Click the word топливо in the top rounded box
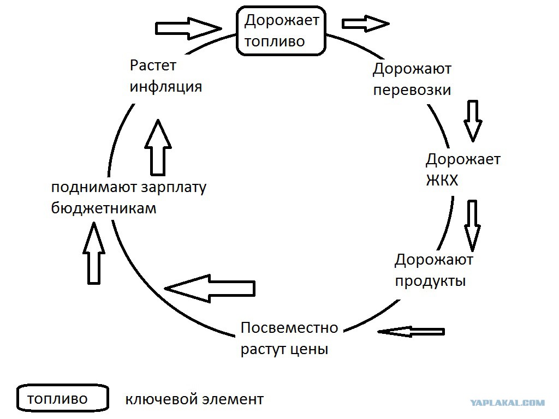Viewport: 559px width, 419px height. [x=275, y=41]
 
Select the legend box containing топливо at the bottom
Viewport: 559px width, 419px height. [x=63, y=398]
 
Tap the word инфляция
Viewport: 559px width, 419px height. [x=166, y=87]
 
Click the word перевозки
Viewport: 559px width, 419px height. [x=412, y=90]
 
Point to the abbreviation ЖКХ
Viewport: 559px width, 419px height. [x=442, y=180]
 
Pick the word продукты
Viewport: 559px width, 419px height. [x=430, y=282]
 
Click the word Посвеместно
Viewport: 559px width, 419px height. [x=289, y=328]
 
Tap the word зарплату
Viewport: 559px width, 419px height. [x=174, y=188]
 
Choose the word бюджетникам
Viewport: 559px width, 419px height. [x=104, y=208]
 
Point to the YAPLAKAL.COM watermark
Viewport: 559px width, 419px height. [x=507, y=403]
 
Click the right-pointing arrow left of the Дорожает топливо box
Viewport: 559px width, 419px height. [x=188, y=28]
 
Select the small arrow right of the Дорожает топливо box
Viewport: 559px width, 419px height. [x=365, y=24]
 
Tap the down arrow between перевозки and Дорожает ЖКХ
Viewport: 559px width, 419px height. [x=473, y=121]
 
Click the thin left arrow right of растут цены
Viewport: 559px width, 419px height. [x=411, y=332]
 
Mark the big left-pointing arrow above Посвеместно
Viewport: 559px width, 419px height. [x=210, y=289]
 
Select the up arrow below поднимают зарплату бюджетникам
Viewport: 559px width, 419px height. [x=94, y=253]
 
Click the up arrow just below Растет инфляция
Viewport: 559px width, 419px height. [x=158, y=147]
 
